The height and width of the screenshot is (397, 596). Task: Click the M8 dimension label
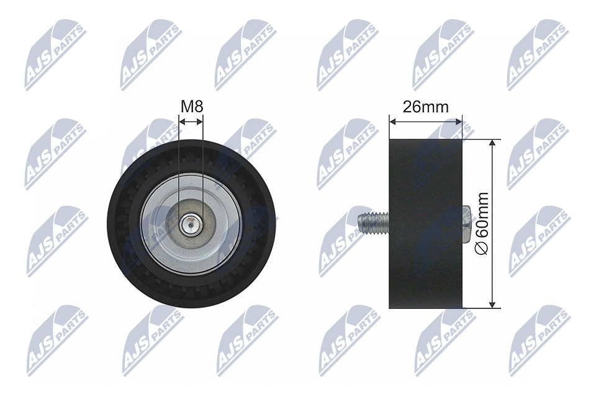point(192,106)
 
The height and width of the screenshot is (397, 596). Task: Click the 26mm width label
point(425,107)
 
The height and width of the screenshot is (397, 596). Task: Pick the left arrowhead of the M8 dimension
point(182,122)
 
